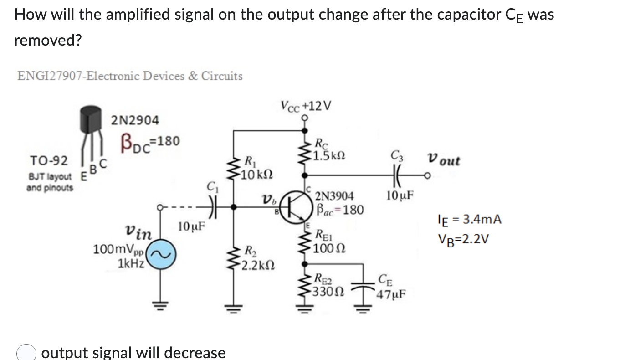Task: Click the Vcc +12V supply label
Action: tap(306, 106)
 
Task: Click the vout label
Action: tap(444, 161)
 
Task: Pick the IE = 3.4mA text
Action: tap(469, 220)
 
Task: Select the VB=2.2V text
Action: tap(462, 238)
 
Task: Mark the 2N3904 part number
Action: tap(334, 196)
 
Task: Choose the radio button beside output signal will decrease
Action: tap(26, 353)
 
